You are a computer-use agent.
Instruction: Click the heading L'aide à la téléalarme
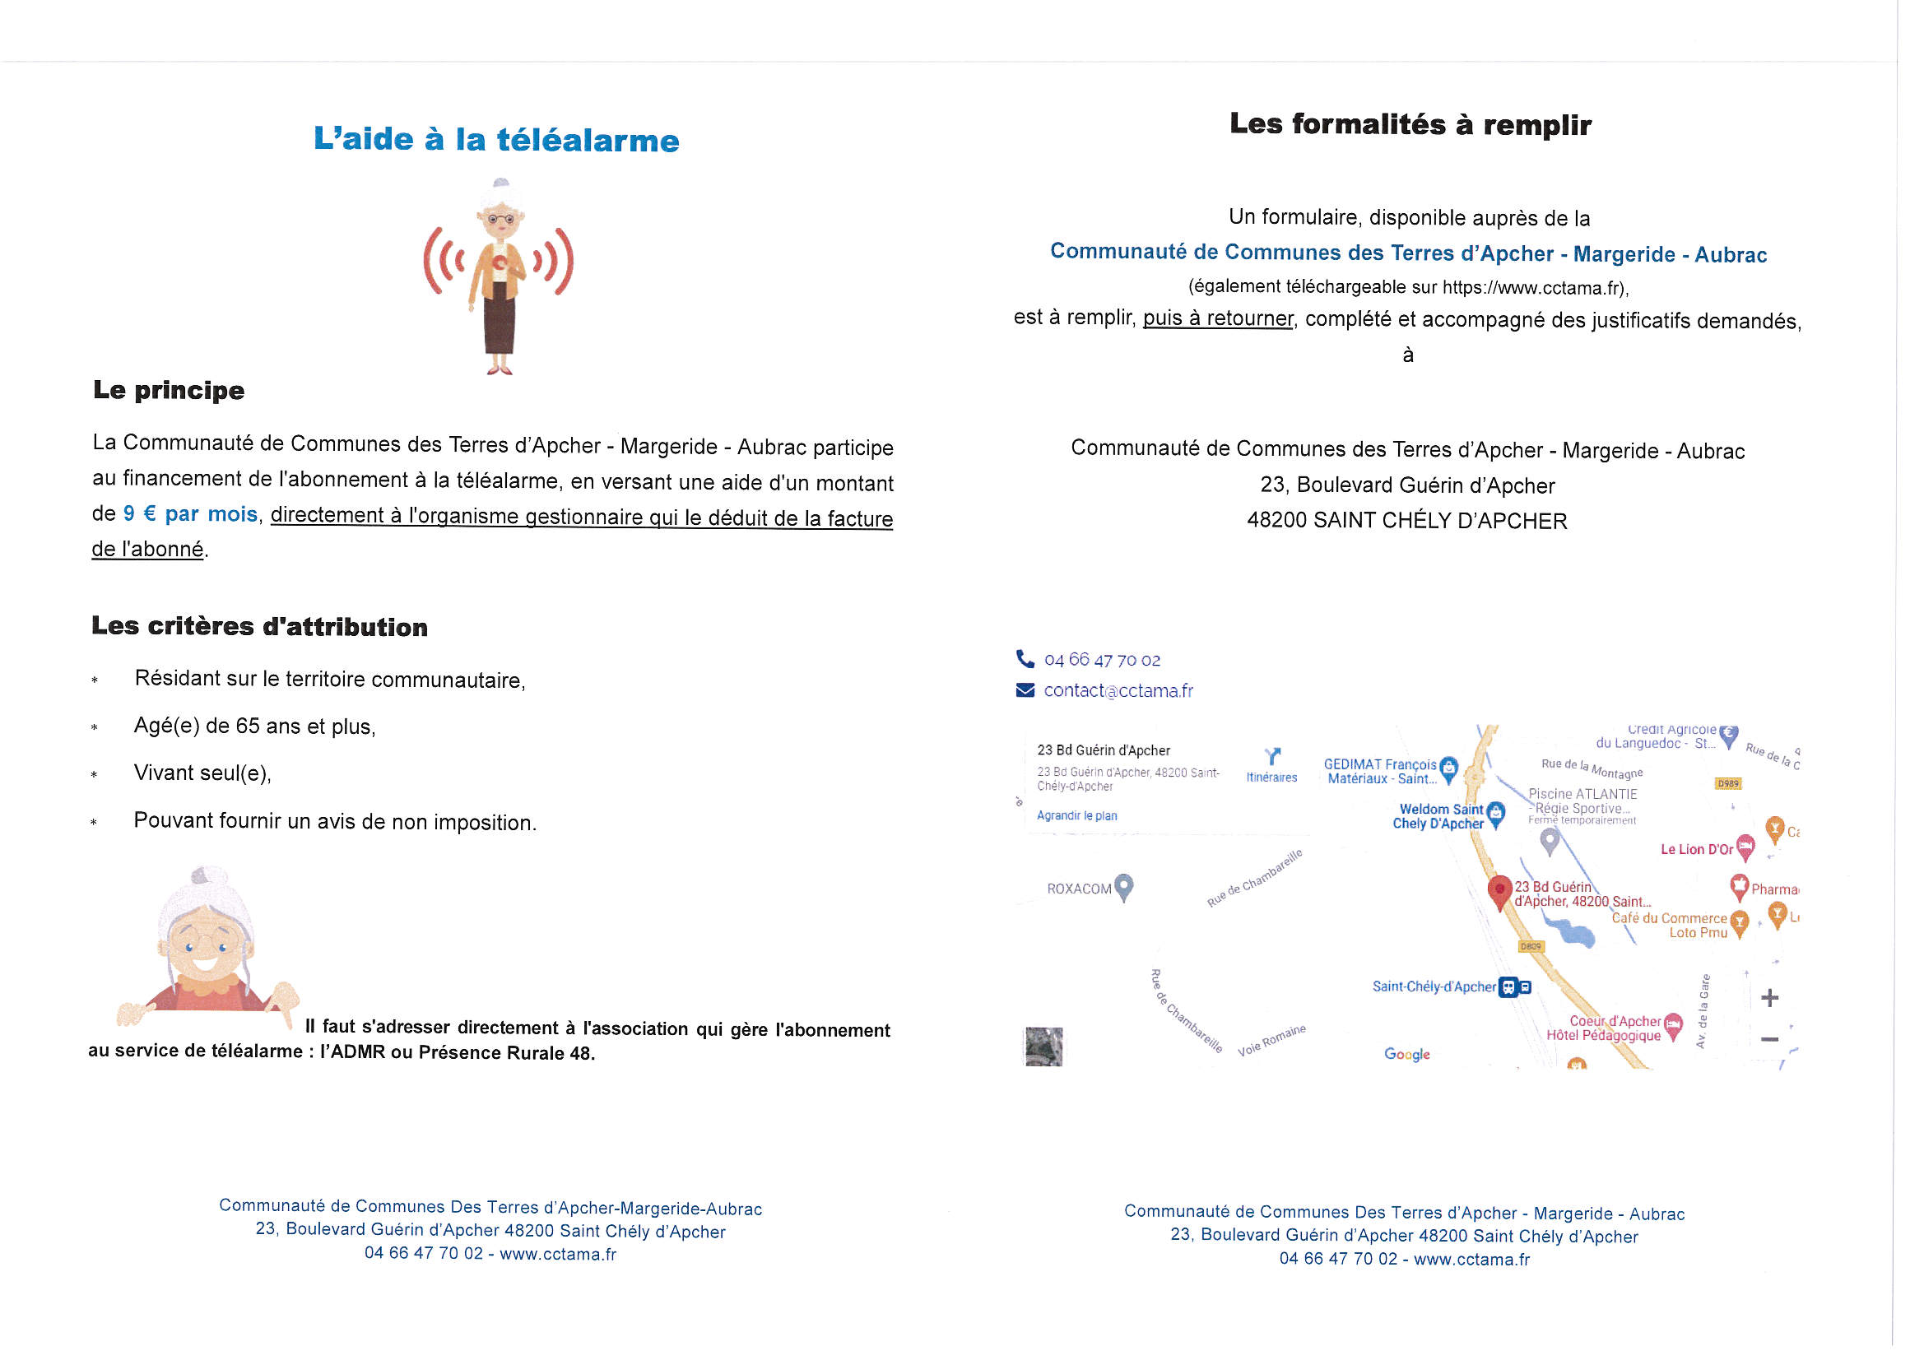click(x=496, y=139)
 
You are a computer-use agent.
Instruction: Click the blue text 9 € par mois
click(x=190, y=513)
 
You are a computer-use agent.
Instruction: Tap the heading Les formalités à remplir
click(x=1410, y=124)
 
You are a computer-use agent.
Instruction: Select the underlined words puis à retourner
click(x=1218, y=318)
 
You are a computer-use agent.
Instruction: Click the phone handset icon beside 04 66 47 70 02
click(x=1025, y=659)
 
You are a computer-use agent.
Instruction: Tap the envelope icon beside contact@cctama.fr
click(x=1025, y=689)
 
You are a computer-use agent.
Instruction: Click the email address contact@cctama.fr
click(x=1118, y=690)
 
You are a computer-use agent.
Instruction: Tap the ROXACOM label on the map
click(x=1080, y=889)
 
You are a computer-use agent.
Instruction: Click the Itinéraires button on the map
click(x=1271, y=765)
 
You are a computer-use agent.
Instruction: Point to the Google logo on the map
click(x=1407, y=1054)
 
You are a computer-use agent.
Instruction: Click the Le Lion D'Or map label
click(x=1697, y=849)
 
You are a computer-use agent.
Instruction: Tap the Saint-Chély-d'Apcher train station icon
click(x=1509, y=987)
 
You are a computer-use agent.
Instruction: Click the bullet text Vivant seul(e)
click(x=202, y=773)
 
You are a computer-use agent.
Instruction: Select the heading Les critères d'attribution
click(x=260, y=626)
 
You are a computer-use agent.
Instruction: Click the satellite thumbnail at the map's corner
click(x=1043, y=1047)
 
